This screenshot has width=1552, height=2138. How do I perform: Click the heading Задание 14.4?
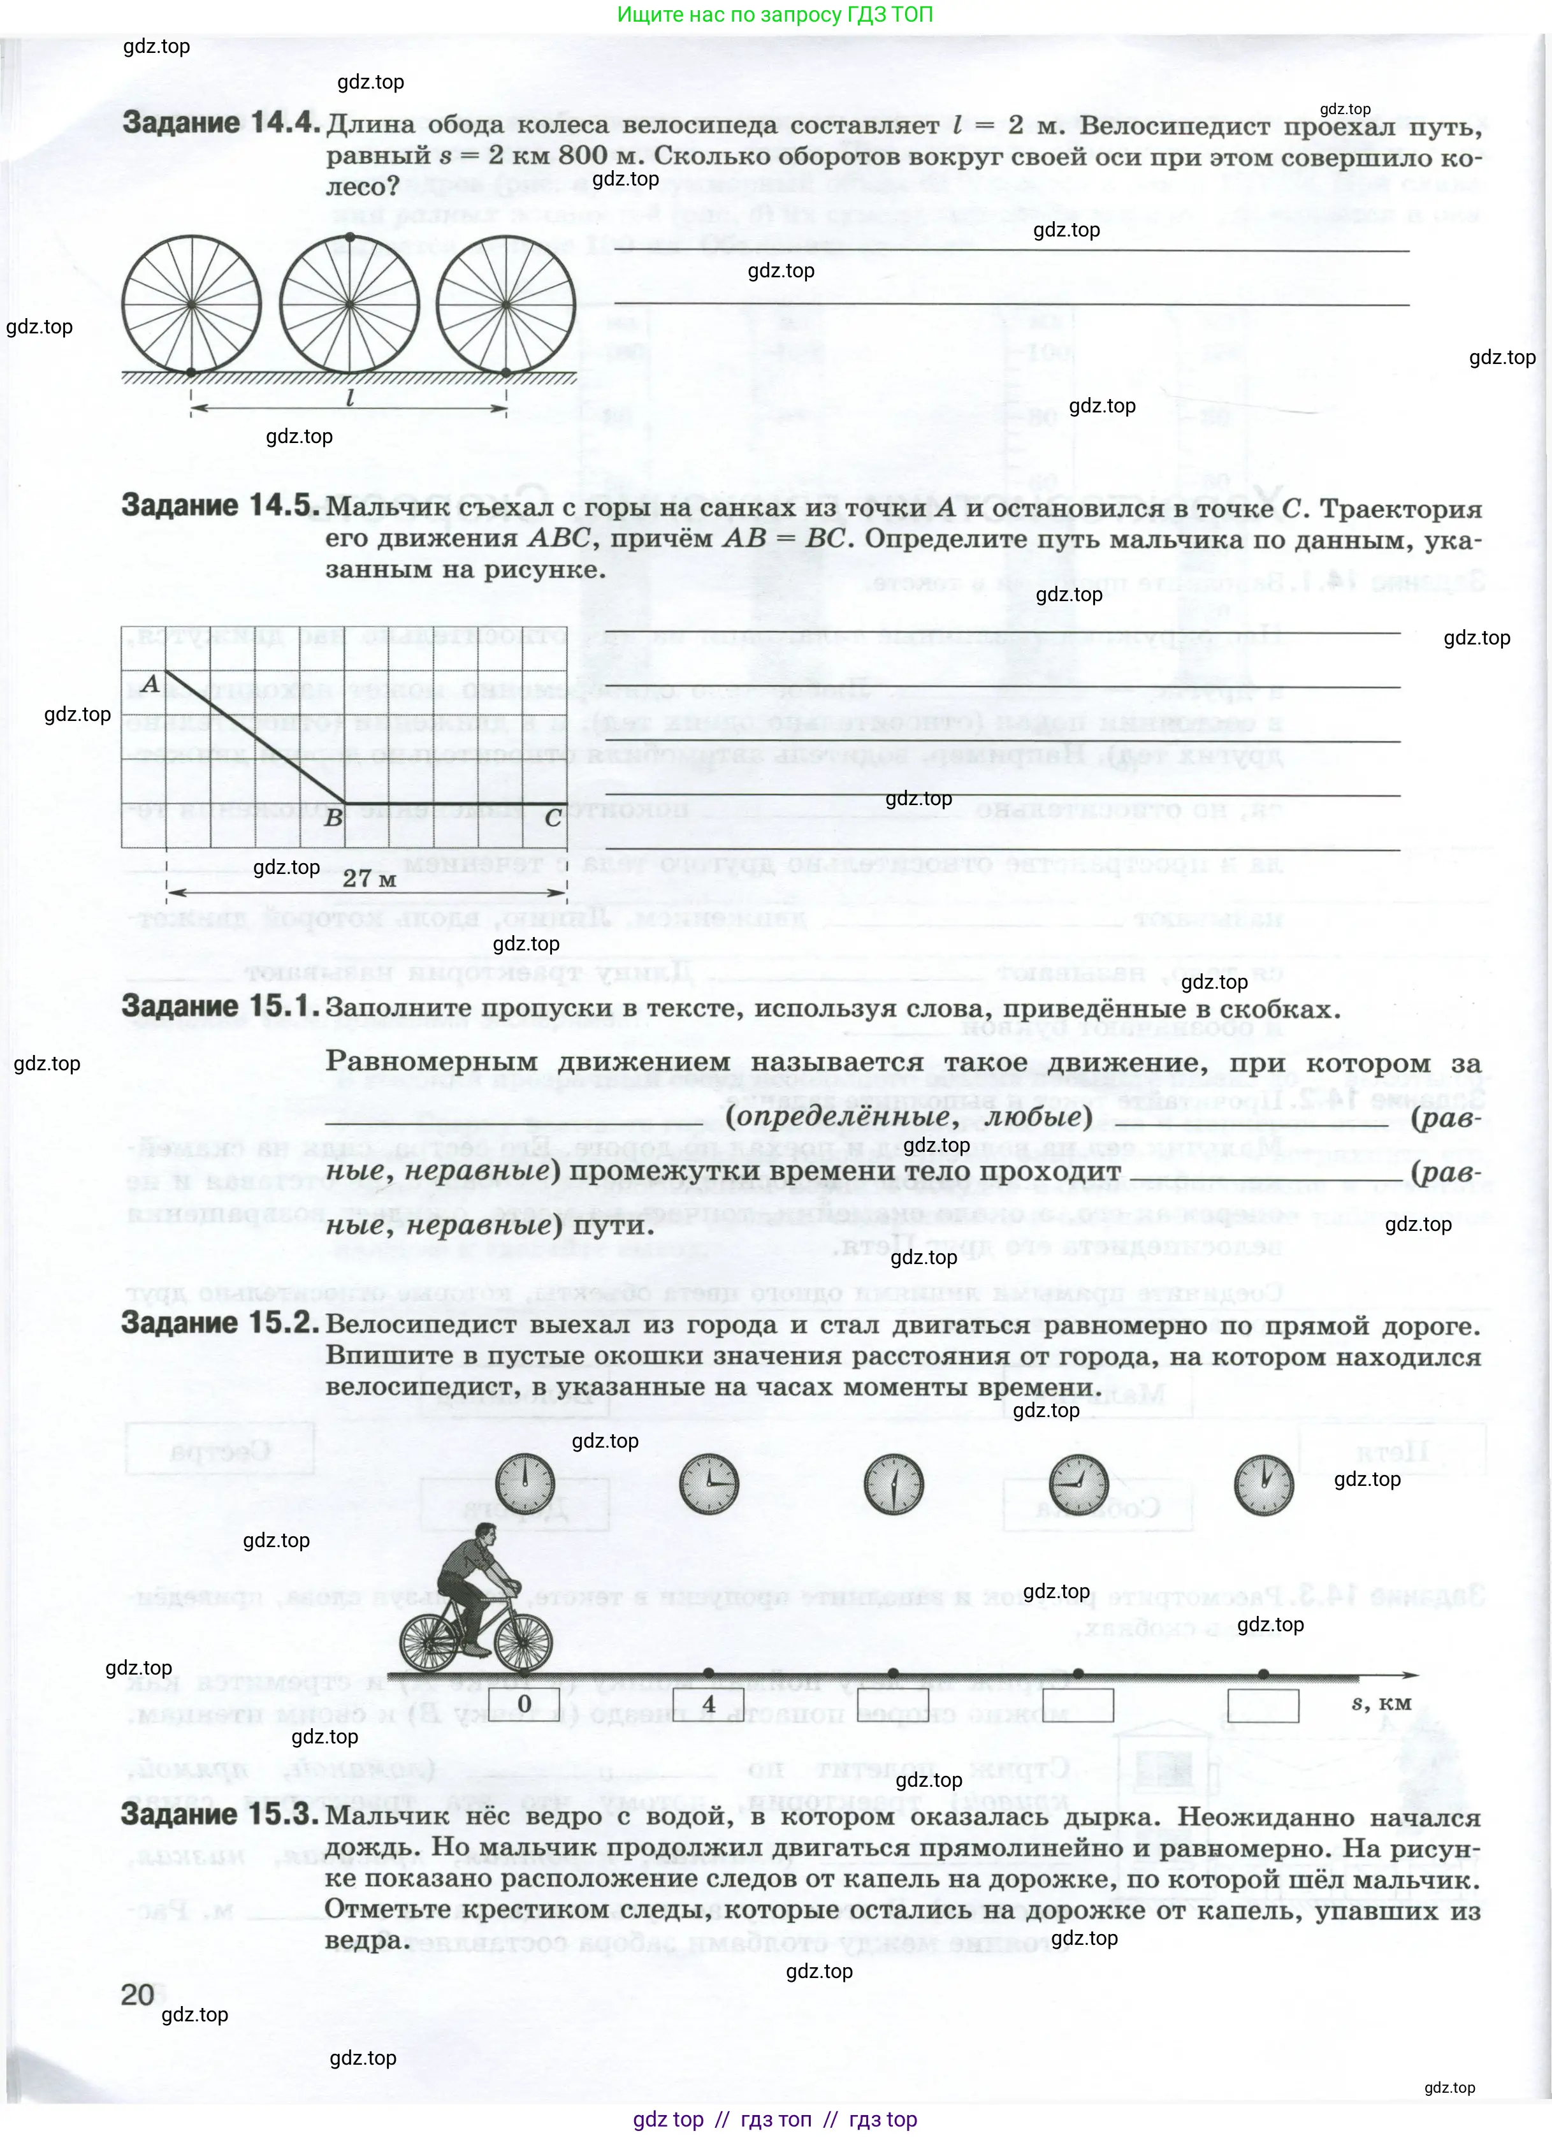point(221,124)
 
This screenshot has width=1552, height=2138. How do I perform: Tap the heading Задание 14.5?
point(221,506)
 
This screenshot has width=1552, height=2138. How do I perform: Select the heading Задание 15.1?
point(221,1007)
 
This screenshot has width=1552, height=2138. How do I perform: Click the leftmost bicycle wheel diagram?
point(191,305)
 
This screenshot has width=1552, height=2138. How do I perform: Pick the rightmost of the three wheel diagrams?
point(506,305)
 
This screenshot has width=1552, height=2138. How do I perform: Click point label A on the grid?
point(150,683)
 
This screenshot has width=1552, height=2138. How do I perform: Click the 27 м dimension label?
point(370,878)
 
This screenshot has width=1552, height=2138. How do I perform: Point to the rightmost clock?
point(1264,1485)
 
